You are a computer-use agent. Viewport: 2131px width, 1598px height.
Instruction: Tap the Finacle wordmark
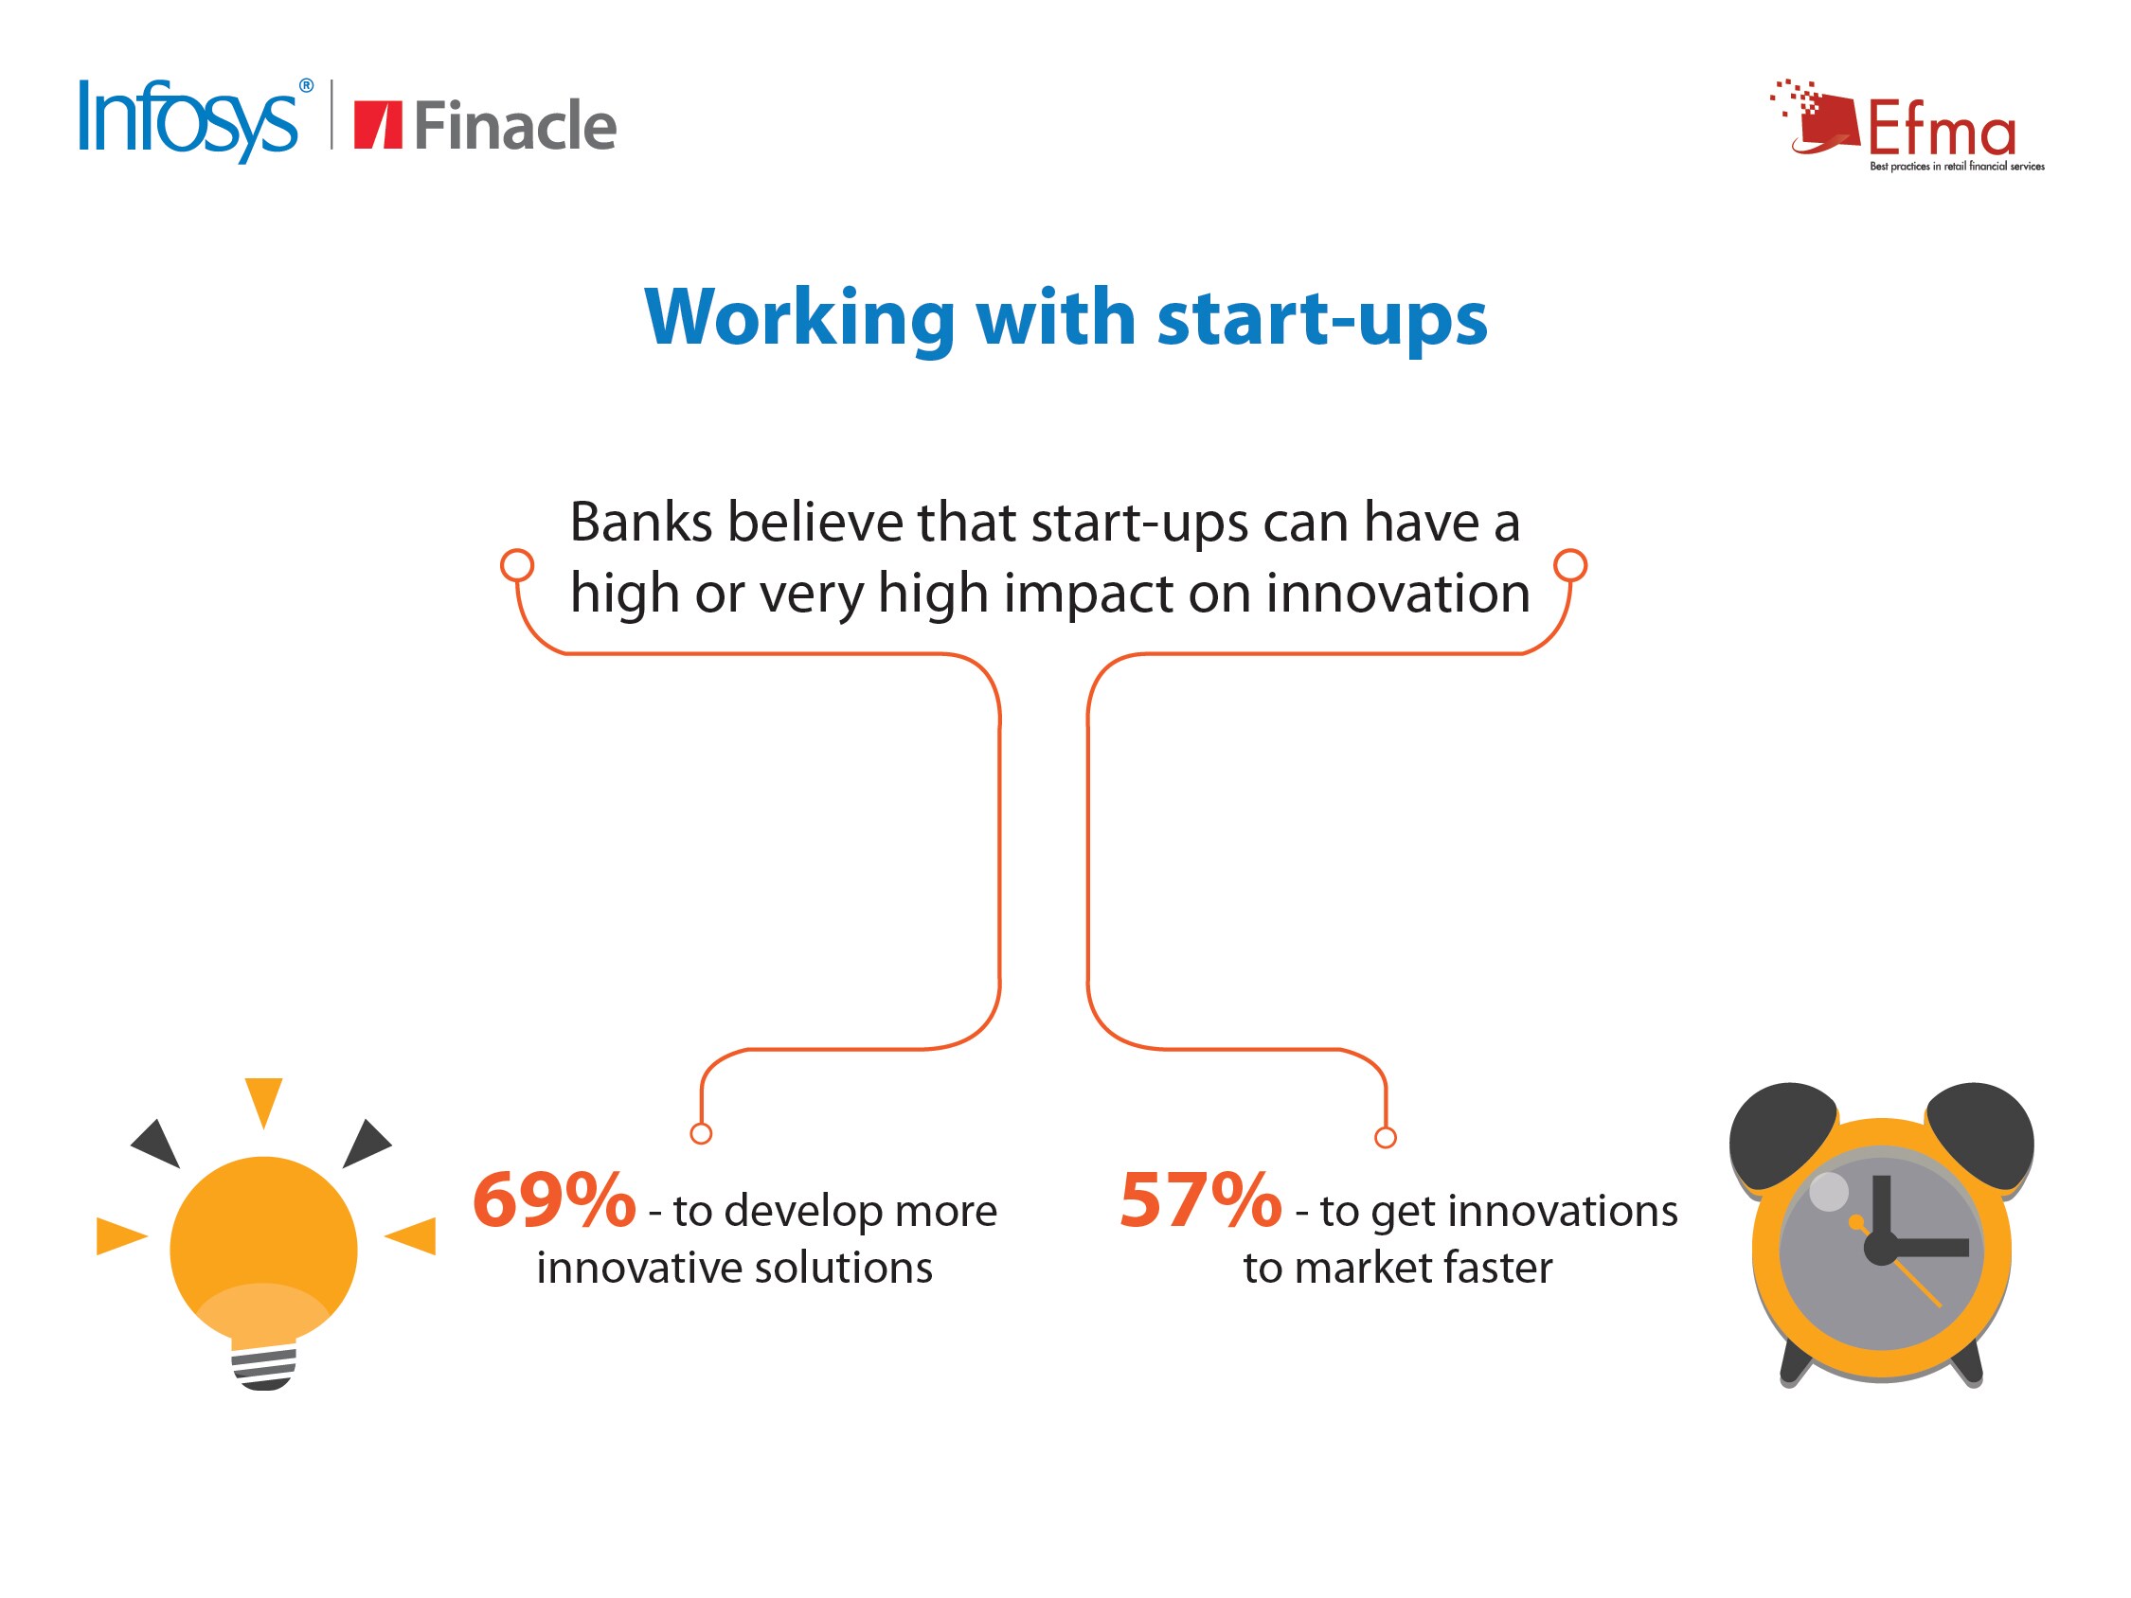point(514,125)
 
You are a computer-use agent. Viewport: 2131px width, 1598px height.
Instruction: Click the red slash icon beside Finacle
point(378,125)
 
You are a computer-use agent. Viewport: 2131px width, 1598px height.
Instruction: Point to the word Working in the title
point(798,318)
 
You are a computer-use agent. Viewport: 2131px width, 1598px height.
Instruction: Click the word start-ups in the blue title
point(1322,320)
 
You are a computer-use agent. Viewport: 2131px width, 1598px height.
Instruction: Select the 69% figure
point(554,1200)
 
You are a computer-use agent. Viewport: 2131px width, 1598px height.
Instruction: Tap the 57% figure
point(1200,1200)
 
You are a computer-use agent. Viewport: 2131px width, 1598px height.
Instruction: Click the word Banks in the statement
point(640,522)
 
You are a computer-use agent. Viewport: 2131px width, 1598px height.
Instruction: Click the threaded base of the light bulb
point(264,1367)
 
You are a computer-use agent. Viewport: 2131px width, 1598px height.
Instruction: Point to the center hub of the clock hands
point(1882,1249)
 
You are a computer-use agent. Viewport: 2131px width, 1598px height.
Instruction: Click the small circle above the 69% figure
point(702,1134)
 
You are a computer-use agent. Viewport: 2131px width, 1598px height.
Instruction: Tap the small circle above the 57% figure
point(1386,1138)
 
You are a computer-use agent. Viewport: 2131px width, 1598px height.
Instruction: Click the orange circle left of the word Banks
point(517,564)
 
